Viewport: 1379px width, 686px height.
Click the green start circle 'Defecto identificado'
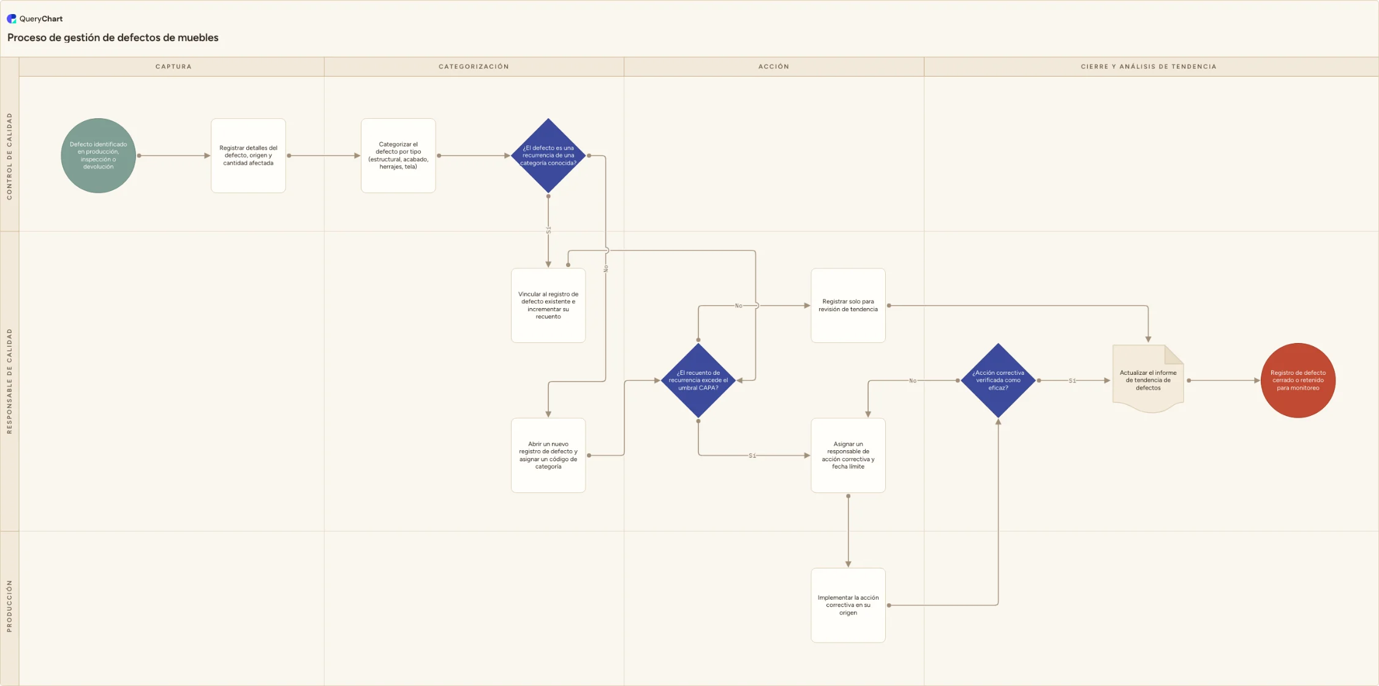coord(98,156)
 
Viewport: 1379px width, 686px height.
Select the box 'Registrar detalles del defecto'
coord(248,156)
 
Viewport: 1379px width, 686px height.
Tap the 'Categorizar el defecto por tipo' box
coord(398,156)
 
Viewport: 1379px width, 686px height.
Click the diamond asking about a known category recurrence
coord(548,156)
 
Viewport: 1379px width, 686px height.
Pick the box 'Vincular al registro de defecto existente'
coord(548,306)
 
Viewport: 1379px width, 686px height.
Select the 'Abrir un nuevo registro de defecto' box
coord(548,455)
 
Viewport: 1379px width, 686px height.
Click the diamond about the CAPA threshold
coord(698,380)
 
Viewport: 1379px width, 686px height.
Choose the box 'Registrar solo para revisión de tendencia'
coord(848,306)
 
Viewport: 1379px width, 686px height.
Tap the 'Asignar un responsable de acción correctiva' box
coord(848,455)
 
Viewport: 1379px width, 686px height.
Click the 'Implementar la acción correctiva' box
coord(848,605)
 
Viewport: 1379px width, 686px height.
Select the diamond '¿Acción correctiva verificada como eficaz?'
coord(999,380)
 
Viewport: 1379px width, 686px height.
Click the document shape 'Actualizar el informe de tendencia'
coord(1148,379)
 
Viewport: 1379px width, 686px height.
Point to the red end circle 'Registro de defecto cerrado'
coord(1298,380)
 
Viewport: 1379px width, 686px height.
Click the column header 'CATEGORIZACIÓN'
coord(474,67)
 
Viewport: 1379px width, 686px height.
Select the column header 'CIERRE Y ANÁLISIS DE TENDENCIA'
coord(1149,67)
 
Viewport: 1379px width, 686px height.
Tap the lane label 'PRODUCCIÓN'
coord(9,606)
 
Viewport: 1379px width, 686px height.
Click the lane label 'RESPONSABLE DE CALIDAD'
coord(9,381)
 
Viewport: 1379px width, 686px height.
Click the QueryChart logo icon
coord(12,18)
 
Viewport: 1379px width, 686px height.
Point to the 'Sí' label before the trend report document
coord(1072,380)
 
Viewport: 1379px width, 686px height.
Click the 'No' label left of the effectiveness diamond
coord(913,380)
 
